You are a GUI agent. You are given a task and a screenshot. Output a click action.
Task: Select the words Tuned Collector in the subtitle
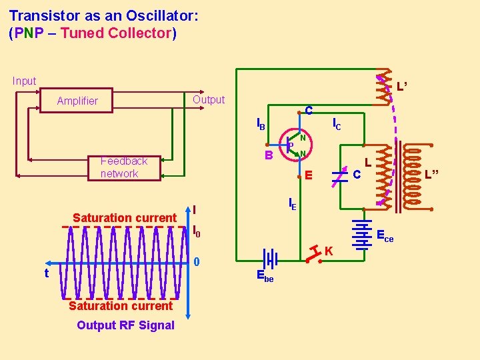point(116,33)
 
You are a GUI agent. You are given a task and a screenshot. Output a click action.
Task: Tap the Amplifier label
point(77,101)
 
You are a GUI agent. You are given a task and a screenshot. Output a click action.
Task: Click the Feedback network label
point(123,167)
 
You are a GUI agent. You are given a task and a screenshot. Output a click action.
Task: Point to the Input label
point(24,81)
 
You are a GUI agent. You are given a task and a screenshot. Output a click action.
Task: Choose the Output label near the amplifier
point(209,100)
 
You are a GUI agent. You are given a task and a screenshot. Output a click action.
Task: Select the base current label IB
point(261,124)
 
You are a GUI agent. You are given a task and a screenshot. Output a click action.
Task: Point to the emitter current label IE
point(292,205)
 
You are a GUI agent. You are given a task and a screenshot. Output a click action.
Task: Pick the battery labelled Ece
point(362,235)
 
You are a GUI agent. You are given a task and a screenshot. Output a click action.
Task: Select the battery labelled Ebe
point(270,259)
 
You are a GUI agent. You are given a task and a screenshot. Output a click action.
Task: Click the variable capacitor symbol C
point(340,175)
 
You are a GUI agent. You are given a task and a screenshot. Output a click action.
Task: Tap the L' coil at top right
point(383,87)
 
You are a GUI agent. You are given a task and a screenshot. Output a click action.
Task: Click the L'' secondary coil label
point(432,175)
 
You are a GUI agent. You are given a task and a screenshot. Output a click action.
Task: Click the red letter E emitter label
point(307,177)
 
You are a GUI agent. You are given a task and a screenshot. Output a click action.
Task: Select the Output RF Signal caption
point(125,325)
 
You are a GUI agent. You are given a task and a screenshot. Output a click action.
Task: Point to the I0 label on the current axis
point(196,233)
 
